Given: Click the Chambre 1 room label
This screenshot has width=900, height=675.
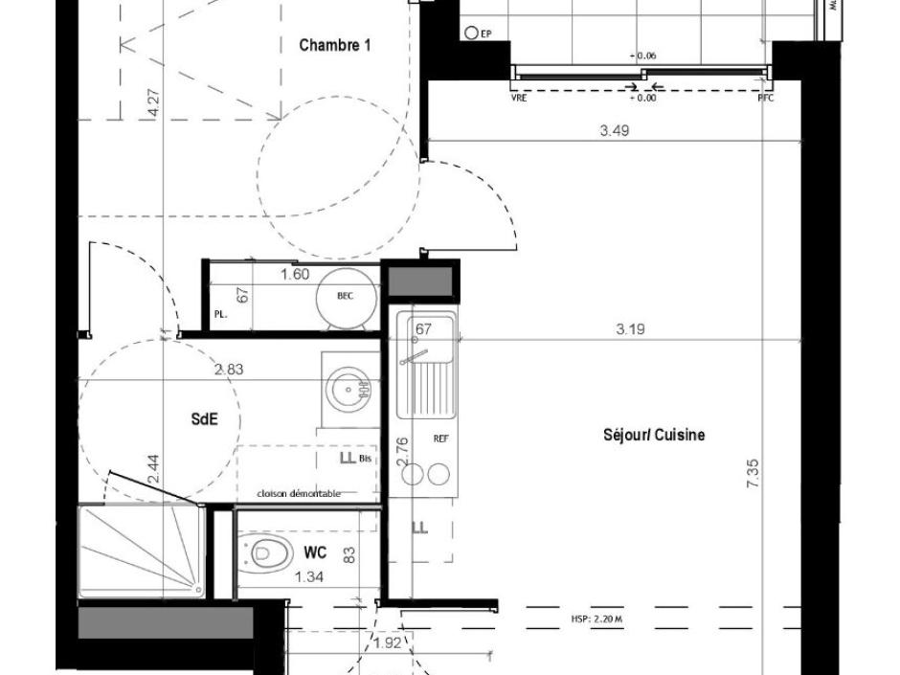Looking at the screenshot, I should click(x=334, y=45).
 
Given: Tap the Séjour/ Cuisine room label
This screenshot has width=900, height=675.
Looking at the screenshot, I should click(x=654, y=435).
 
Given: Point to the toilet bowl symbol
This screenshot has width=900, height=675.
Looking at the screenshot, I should click(x=269, y=552).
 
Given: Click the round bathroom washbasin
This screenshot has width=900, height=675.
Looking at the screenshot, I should click(x=345, y=390).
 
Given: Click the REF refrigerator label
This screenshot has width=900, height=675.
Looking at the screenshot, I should click(x=441, y=439).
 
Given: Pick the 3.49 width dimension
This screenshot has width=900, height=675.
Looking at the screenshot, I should click(x=614, y=131).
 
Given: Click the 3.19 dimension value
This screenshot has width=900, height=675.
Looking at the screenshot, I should click(x=629, y=329).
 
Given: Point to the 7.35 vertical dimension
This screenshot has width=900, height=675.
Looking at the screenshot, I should click(x=753, y=474).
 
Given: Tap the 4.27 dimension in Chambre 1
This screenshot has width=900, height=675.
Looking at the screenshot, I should click(x=153, y=102).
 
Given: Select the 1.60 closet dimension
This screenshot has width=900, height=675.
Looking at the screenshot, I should click(x=294, y=275).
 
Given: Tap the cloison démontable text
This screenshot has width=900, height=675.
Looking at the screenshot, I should click(x=298, y=493).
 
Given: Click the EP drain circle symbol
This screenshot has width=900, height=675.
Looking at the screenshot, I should click(x=471, y=34).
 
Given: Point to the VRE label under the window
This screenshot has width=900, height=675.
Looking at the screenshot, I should click(x=520, y=98).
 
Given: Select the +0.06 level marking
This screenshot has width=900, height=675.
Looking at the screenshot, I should click(x=642, y=56).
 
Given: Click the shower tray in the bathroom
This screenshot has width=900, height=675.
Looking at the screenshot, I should click(x=141, y=552).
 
